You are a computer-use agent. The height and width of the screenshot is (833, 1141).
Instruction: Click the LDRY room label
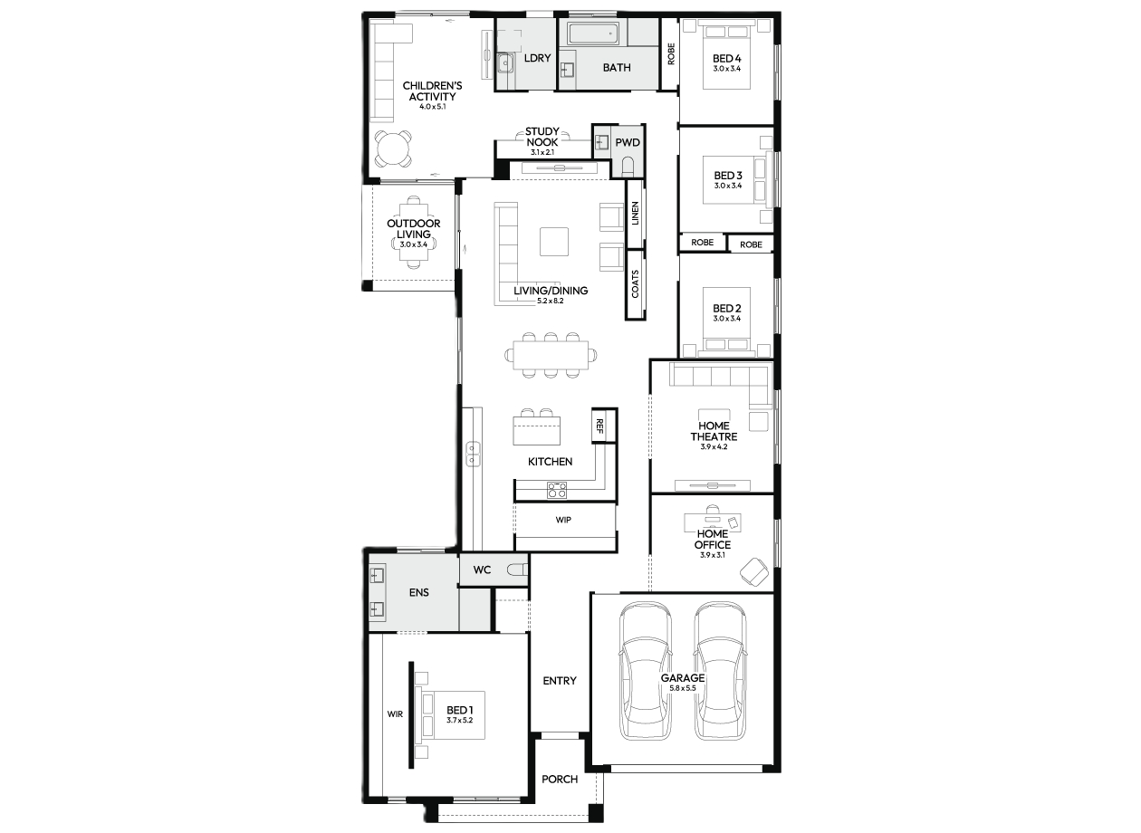coord(537,58)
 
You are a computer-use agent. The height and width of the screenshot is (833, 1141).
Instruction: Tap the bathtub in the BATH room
coord(593,34)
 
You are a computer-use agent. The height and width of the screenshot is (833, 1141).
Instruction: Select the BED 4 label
coord(727,59)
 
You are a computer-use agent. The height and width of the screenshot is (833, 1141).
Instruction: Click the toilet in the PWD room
coord(628,166)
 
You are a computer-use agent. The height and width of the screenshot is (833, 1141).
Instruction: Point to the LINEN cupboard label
coord(635,214)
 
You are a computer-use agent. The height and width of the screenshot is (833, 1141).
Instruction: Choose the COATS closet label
coord(635,284)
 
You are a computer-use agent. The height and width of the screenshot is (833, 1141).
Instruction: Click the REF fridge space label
coord(599,426)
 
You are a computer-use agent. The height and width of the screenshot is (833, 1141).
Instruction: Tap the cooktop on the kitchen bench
coord(557,490)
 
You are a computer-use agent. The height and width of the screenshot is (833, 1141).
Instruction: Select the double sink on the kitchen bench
coord(474,455)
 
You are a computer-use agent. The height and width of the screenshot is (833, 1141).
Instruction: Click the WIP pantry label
coord(563,520)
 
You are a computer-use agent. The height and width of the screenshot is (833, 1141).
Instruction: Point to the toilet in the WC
coord(518,570)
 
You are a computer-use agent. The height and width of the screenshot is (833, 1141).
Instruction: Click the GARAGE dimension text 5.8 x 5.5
coord(683,688)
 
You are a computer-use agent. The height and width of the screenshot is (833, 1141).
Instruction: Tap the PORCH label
coord(560,779)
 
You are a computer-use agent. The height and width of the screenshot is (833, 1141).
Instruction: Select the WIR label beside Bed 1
coord(395,714)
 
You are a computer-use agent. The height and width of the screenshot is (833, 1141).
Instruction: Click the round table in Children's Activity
coord(393,148)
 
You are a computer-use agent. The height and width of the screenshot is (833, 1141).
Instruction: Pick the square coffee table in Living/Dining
coord(554,242)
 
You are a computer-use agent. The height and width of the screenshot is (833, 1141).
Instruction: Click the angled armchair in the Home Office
coord(754,572)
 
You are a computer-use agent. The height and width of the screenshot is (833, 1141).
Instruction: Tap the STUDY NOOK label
coord(542,137)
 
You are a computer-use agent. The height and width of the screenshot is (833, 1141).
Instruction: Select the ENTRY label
coord(560,681)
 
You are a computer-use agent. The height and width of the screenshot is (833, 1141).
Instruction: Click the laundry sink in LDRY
coord(504,62)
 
